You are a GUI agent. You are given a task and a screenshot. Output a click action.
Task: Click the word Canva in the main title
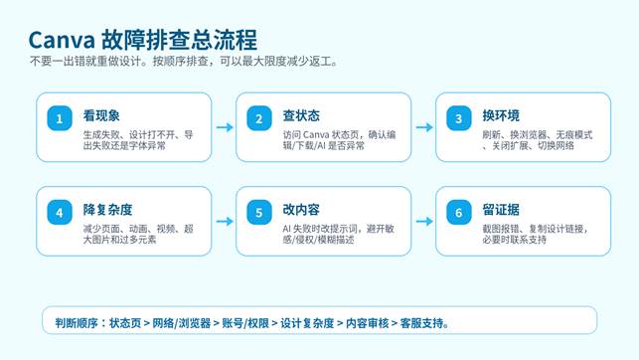(x=62, y=40)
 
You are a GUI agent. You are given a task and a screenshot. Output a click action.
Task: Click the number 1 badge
(x=60, y=118)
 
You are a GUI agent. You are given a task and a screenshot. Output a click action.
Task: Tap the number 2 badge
(x=259, y=118)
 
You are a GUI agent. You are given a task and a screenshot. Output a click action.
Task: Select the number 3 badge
(x=459, y=118)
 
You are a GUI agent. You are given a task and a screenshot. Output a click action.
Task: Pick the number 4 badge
(x=60, y=213)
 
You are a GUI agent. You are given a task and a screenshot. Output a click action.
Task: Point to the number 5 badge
(x=259, y=213)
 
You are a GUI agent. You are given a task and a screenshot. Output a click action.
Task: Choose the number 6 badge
(x=459, y=213)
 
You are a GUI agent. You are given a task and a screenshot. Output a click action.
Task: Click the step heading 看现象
(x=101, y=115)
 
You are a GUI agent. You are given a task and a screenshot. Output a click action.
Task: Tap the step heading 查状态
(x=301, y=115)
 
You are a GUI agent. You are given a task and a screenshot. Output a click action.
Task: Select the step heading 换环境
(x=501, y=115)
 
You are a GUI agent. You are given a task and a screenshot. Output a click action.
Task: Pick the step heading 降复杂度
(x=107, y=210)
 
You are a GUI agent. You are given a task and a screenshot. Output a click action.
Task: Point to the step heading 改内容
(x=301, y=210)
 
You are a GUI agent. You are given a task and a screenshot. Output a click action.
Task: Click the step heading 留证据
(x=501, y=210)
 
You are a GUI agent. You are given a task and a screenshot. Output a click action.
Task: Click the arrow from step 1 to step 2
(x=225, y=127)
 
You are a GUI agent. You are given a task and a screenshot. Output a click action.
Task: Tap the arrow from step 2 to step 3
(x=424, y=127)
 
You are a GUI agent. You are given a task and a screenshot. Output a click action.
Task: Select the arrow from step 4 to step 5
(x=225, y=222)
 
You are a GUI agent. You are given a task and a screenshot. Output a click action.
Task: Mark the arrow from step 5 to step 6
(x=424, y=222)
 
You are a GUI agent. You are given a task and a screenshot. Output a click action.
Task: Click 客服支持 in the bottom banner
(x=421, y=323)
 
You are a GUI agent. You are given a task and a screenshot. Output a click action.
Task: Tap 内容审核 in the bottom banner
(x=367, y=323)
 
